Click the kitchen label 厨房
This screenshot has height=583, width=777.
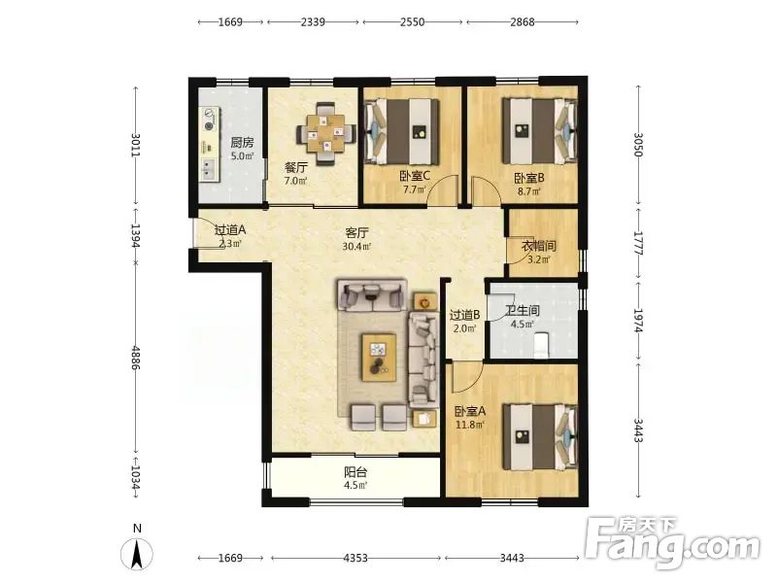242,143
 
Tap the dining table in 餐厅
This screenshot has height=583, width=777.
325,133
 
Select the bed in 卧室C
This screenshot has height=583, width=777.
402,131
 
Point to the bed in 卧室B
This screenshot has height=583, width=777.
540,131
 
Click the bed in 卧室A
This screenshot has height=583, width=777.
540,436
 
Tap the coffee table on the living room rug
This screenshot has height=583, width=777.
379,358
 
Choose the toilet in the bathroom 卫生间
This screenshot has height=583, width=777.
542,345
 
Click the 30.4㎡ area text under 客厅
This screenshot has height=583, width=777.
356,246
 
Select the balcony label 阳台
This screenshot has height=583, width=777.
355,472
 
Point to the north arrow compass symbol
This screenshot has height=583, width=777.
137,554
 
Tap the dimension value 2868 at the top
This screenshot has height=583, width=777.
523,21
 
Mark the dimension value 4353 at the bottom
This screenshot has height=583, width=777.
355,558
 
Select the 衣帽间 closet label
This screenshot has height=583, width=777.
539,246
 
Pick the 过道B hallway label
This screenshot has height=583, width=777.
464,315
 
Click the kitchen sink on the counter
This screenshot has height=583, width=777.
209,168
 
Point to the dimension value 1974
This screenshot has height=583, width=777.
638,321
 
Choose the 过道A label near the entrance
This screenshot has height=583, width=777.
230,230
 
